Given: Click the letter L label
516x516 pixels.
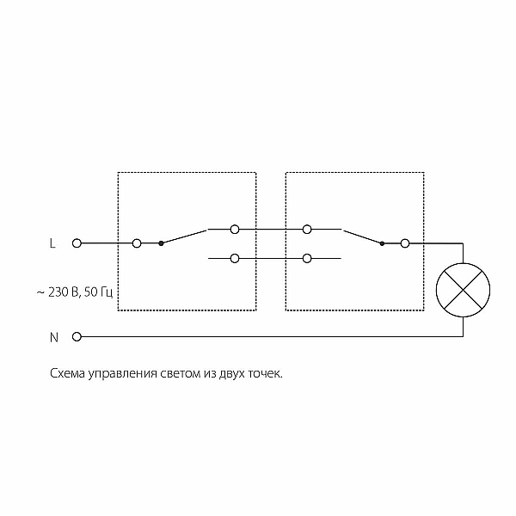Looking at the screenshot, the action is coord(52,243).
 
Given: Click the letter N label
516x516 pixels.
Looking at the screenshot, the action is coord(54,337).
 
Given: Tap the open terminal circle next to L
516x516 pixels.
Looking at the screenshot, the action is coord(77,243).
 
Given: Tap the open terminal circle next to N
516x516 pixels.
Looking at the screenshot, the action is coord(77,336).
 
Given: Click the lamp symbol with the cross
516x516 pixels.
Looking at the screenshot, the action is coord(463,290).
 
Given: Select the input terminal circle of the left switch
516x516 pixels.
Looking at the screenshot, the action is coord(137,243).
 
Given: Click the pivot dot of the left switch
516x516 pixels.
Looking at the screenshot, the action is coord(161,243).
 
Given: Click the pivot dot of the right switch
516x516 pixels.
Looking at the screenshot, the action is coord(382,243).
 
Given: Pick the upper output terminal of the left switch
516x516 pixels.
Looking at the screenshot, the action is coord(235,229).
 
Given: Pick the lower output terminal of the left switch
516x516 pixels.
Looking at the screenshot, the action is coord(235,258).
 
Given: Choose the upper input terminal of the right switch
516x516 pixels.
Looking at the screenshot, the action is coord(307,229).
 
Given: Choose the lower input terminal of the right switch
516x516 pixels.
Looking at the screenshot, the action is coord(307,258).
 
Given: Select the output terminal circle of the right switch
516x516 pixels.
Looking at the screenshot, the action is coord(405,243).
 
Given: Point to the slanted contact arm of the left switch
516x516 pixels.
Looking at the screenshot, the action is coord(184,237).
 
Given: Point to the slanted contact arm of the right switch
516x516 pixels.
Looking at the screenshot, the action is coord(363,237).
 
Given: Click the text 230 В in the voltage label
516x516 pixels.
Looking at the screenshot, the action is coord(63,292).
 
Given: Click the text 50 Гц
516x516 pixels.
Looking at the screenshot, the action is coord(98,292).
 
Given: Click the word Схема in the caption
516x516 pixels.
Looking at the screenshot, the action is coord(67,373).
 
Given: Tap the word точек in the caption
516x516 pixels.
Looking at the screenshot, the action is coord(265,374).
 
